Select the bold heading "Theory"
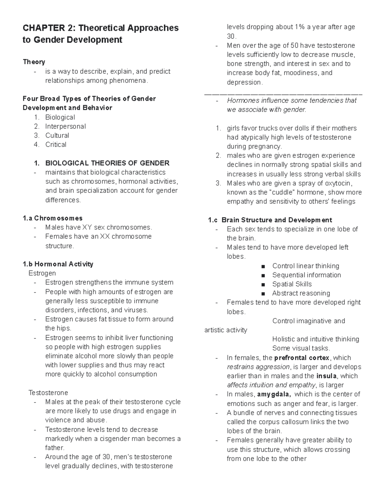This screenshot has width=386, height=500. (34, 62)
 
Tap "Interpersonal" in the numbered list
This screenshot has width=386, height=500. (65, 126)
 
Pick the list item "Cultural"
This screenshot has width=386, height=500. (57, 135)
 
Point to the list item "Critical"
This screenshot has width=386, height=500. (56, 145)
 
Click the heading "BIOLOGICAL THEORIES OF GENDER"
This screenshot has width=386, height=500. (107, 163)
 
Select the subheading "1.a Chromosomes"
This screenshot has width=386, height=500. (52, 218)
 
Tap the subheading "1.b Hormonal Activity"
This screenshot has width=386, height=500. (58, 264)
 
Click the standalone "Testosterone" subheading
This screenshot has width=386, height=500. (48, 392)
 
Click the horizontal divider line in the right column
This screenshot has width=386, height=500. (283, 94)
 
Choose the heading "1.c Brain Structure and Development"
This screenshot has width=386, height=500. (270, 220)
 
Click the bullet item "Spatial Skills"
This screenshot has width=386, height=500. (292, 284)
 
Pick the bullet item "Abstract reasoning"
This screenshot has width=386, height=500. (301, 293)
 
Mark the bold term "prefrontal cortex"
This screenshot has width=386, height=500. (302, 358)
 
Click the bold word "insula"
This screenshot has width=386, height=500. (326, 376)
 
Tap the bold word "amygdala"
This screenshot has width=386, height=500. (274, 394)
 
